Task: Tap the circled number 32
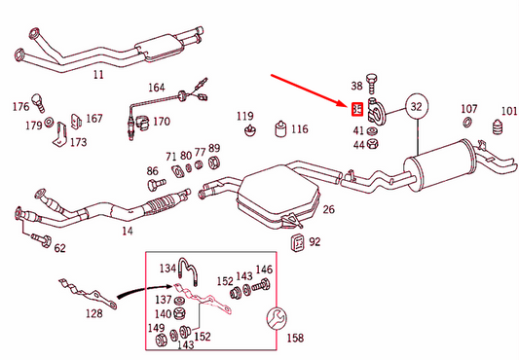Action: pos(417,105)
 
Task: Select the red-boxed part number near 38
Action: pos(357,109)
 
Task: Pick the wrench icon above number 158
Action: pos(275,317)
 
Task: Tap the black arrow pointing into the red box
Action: pos(127,291)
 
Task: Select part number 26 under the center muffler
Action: pos(328,209)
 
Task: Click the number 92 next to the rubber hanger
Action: pos(315,240)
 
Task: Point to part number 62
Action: pos(60,248)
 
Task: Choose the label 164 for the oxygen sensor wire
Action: pos(157,88)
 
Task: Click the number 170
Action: pos(161,123)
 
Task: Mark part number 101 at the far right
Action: pos(508,110)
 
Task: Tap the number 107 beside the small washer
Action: pos(469,109)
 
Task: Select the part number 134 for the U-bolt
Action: pos(167,269)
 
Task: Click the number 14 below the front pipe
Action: pos(127,232)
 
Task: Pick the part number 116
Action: pos(299,128)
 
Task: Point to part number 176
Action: pos(20,106)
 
